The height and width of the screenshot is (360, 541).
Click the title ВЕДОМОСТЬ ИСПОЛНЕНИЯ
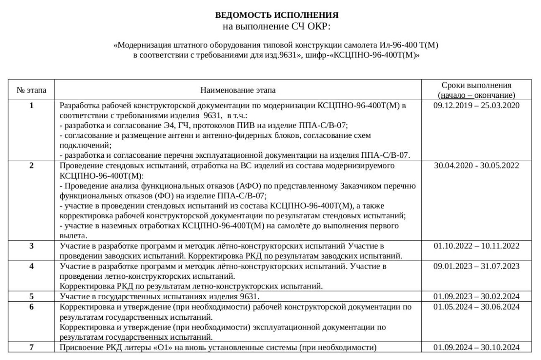tap(277, 15)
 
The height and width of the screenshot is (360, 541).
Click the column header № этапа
tap(32, 90)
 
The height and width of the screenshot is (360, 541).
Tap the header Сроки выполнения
tap(476, 85)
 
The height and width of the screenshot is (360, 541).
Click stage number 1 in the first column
tap(32, 105)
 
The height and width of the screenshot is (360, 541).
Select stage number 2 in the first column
tap(32, 165)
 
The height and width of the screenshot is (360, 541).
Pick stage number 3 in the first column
tap(32, 246)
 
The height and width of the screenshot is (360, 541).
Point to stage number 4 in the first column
tap(32, 266)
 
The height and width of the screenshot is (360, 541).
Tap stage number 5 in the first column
tap(32, 296)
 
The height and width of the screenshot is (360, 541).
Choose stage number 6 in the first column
tap(32, 307)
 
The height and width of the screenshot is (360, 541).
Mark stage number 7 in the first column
tap(32, 348)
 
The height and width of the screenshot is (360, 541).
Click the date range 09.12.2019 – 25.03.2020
tap(476, 105)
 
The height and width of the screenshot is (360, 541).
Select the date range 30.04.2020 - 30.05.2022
tap(476, 165)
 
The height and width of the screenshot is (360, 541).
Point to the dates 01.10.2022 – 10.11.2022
tap(476, 246)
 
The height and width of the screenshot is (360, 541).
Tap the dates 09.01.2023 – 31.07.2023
tap(476, 266)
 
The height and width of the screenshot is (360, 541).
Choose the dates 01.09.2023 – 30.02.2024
tap(476, 296)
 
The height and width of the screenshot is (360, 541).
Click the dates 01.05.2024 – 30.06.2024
tap(476, 307)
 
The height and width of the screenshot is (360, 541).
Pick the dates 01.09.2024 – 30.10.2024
tap(476, 348)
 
